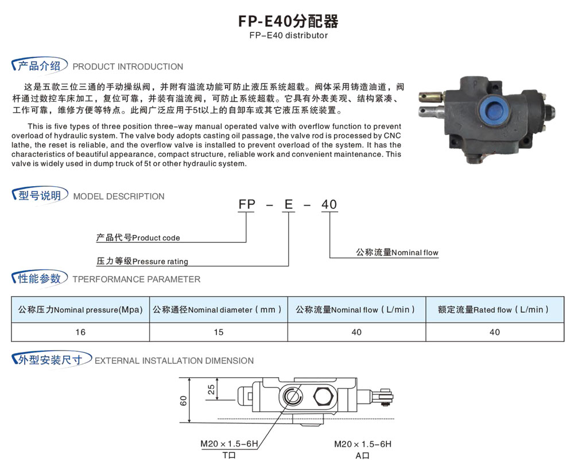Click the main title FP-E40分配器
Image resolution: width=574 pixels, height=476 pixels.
click(x=289, y=21)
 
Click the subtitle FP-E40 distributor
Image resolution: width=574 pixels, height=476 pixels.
click(x=289, y=36)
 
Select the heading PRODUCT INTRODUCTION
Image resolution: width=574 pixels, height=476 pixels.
click(x=128, y=67)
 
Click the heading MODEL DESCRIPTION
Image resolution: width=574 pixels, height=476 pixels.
click(x=119, y=197)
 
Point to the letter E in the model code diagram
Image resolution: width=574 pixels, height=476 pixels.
click(x=289, y=204)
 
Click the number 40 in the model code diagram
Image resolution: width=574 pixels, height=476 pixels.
click(x=329, y=204)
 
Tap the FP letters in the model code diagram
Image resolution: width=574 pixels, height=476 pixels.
click(x=247, y=204)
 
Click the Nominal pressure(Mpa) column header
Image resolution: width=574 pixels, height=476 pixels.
click(x=80, y=309)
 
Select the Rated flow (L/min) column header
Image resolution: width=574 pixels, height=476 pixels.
click(x=493, y=309)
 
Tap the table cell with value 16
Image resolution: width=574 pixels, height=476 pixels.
click(x=80, y=332)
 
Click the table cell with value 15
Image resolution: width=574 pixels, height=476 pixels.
click(x=219, y=332)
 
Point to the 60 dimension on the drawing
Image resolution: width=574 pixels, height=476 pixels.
click(x=183, y=401)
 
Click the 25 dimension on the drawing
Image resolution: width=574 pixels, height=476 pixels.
click(x=211, y=389)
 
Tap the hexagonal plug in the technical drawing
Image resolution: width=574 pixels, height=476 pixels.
click(x=323, y=397)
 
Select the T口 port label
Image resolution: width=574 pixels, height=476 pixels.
click(x=229, y=455)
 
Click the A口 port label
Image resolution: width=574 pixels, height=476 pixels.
click(x=362, y=456)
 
